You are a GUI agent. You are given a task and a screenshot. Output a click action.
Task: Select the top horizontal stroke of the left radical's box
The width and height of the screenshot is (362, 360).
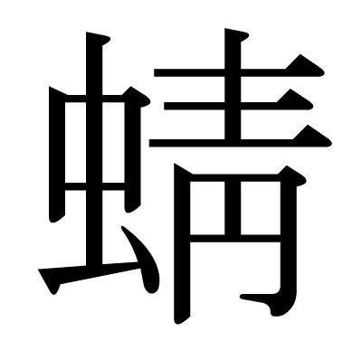tap(90, 94)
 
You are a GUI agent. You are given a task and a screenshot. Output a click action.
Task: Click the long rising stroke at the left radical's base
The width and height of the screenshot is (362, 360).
tap(90, 272)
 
